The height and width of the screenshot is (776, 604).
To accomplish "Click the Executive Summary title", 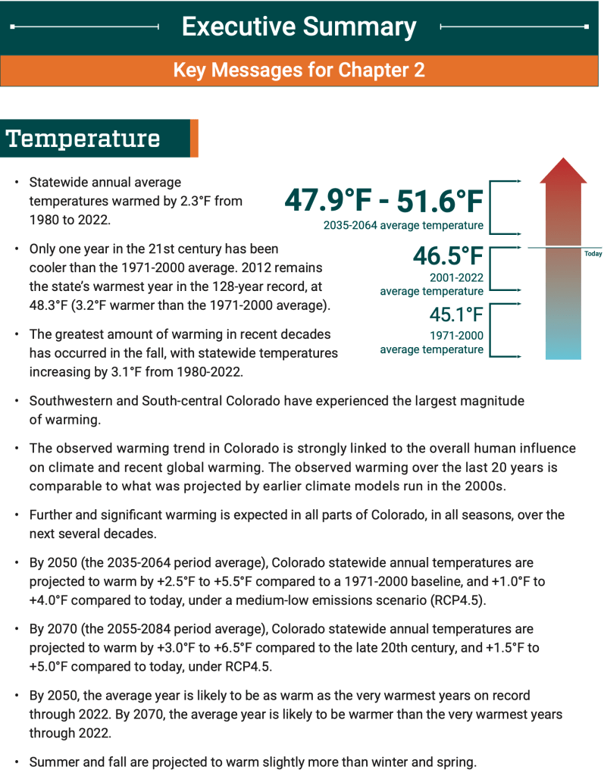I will pyautogui.click(x=299, y=27).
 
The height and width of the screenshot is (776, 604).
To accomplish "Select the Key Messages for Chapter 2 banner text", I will pyautogui.click(x=299, y=70).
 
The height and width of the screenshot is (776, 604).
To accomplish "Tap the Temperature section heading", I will pyautogui.click(x=83, y=139).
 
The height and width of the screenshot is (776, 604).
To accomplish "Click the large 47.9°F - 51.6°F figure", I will pyautogui.click(x=383, y=202).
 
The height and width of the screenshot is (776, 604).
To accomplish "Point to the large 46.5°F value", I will pyautogui.click(x=448, y=258).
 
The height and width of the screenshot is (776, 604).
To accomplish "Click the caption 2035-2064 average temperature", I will pyautogui.click(x=403, y=225).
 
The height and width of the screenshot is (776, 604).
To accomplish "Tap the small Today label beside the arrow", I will pyautogui.click(x=593, y=254).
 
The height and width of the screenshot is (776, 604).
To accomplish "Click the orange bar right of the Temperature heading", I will pyautogui.click(x=194, y=139).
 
